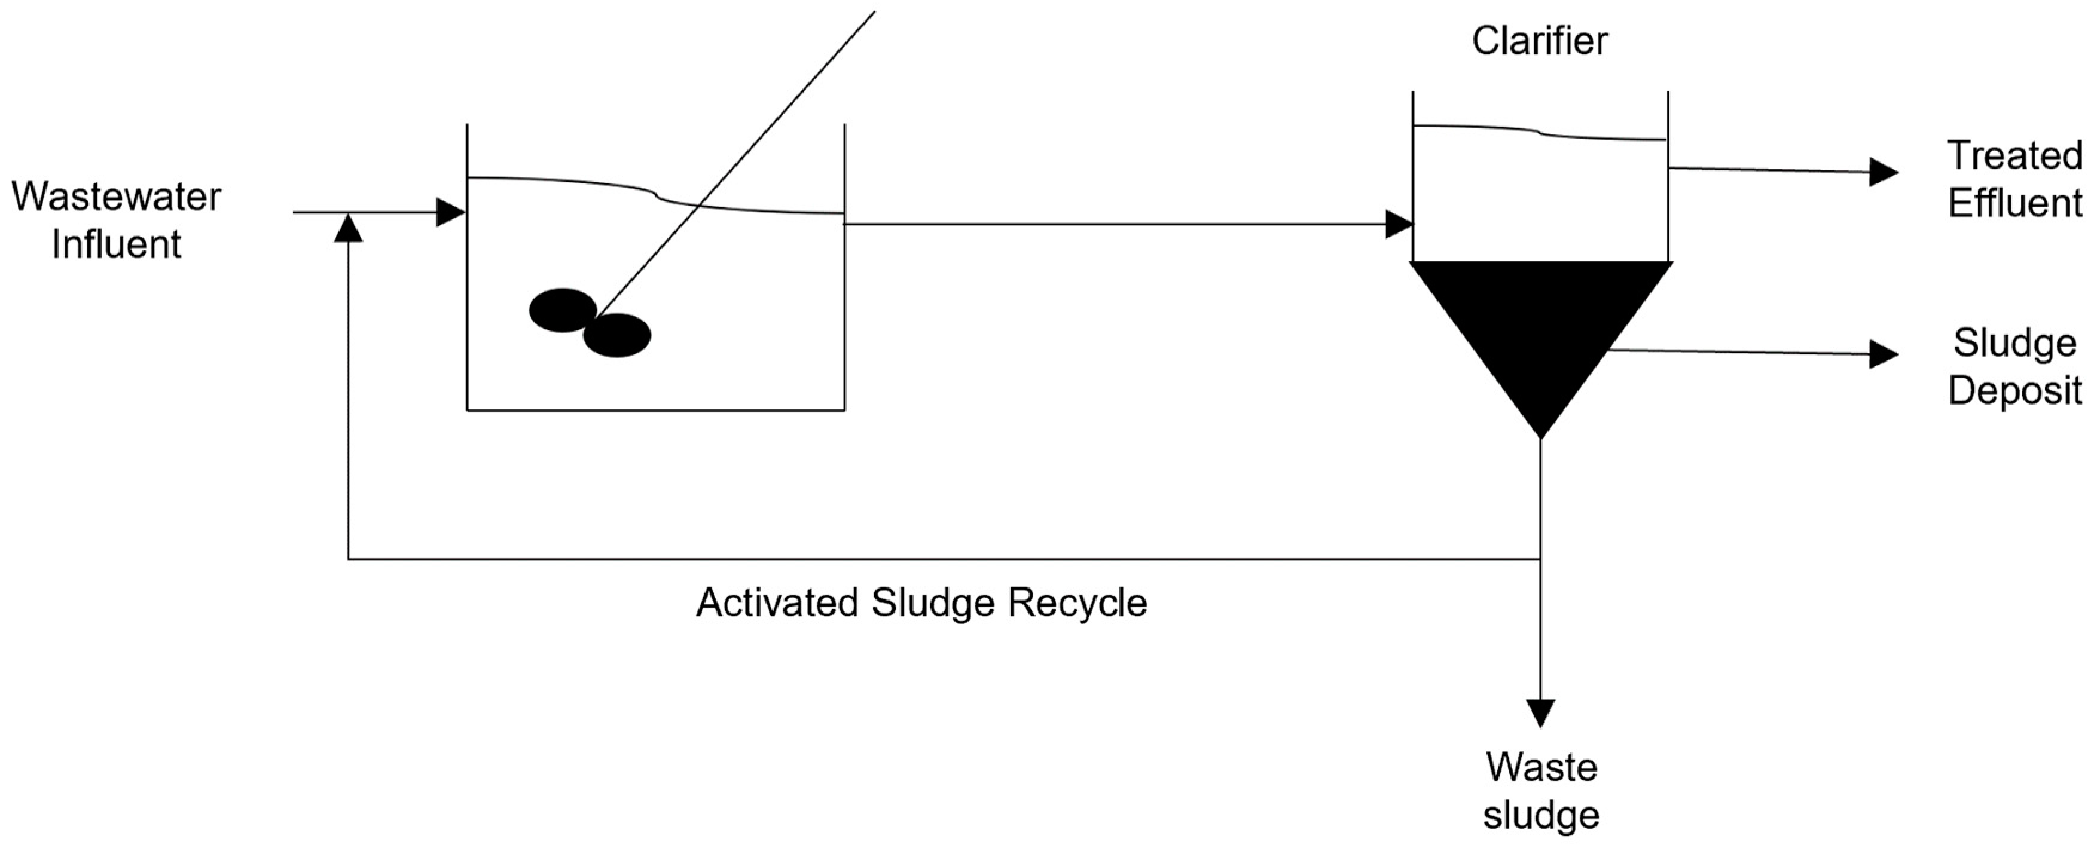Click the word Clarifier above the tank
1540,41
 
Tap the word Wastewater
116,197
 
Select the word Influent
116,244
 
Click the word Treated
2015,155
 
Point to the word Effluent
2015,203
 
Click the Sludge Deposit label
2015,366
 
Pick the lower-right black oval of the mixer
617,335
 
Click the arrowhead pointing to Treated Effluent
1883,172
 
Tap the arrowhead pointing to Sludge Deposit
1883,354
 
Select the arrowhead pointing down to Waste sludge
1540,712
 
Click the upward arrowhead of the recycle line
348,228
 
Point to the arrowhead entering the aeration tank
450,213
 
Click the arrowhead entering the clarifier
1398,224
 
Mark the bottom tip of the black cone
1540,436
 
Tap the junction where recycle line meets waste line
1540,559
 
